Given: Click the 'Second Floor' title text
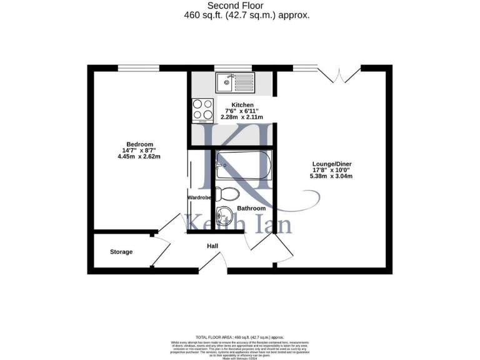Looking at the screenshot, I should click(x=240, y=6).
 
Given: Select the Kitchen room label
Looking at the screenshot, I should click(x=242, y=104).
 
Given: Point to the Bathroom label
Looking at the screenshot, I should click(x=251, y=208).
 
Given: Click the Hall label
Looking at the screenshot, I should click(x=212, y=246).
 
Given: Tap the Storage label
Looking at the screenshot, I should click(x=121, y=252).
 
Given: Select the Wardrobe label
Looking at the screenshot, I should click(x=201, y=197).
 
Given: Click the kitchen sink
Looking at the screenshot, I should click(x=235, y=81).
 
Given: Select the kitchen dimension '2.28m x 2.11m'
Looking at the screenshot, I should click(x=242, y=117).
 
